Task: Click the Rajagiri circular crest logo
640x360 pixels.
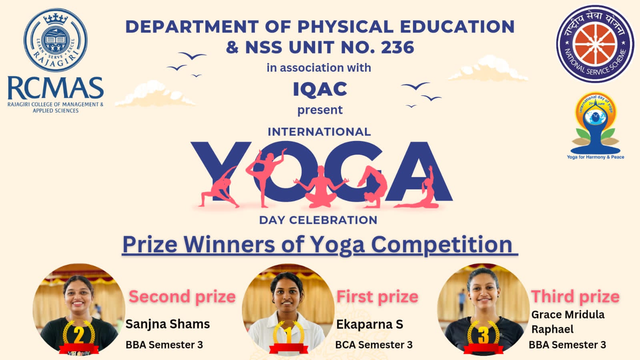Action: [56, 40]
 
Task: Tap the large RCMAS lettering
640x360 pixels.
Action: [56, 88]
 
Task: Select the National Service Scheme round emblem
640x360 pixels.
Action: [595, 44]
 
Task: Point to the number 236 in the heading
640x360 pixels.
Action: [397, 47]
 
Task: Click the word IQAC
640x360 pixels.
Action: [320, 89]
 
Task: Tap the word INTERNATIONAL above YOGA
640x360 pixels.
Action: [319, 132]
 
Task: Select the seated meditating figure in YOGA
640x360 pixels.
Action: [321, 187]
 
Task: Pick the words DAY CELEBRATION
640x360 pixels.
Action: [318, 220]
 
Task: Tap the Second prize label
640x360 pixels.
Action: [182, 296]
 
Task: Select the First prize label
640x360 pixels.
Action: [377, 297]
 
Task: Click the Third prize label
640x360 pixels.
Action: [575, 296]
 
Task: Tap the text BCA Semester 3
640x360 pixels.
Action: [374, 345]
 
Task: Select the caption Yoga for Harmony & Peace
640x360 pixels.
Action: [596, 157]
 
